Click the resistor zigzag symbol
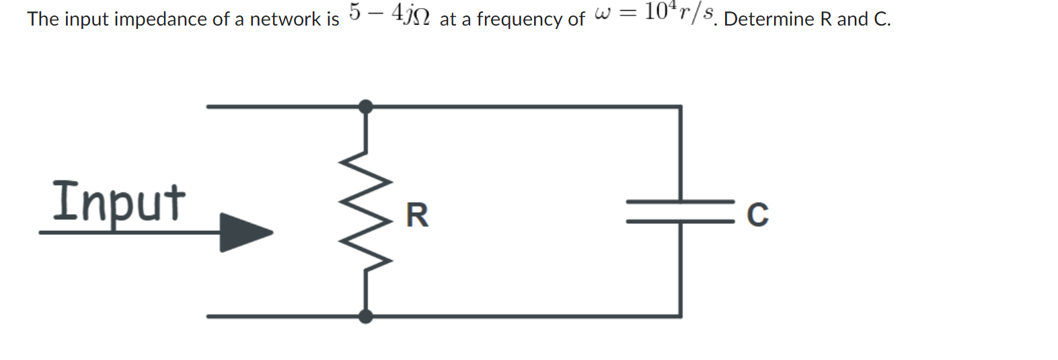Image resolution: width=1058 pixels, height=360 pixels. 366,211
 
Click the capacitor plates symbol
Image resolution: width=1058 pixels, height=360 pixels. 680,211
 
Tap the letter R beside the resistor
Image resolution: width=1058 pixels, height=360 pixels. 417,215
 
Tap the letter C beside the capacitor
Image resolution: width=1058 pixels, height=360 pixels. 757,215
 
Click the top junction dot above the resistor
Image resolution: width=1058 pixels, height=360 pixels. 365,106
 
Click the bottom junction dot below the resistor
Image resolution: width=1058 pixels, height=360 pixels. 365,316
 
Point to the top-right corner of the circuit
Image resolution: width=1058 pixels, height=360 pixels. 681,106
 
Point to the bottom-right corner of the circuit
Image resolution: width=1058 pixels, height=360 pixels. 681,316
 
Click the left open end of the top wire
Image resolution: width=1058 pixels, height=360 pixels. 209,106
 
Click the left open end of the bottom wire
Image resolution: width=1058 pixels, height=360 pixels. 209,316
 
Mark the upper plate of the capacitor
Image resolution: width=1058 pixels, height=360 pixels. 680,201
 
